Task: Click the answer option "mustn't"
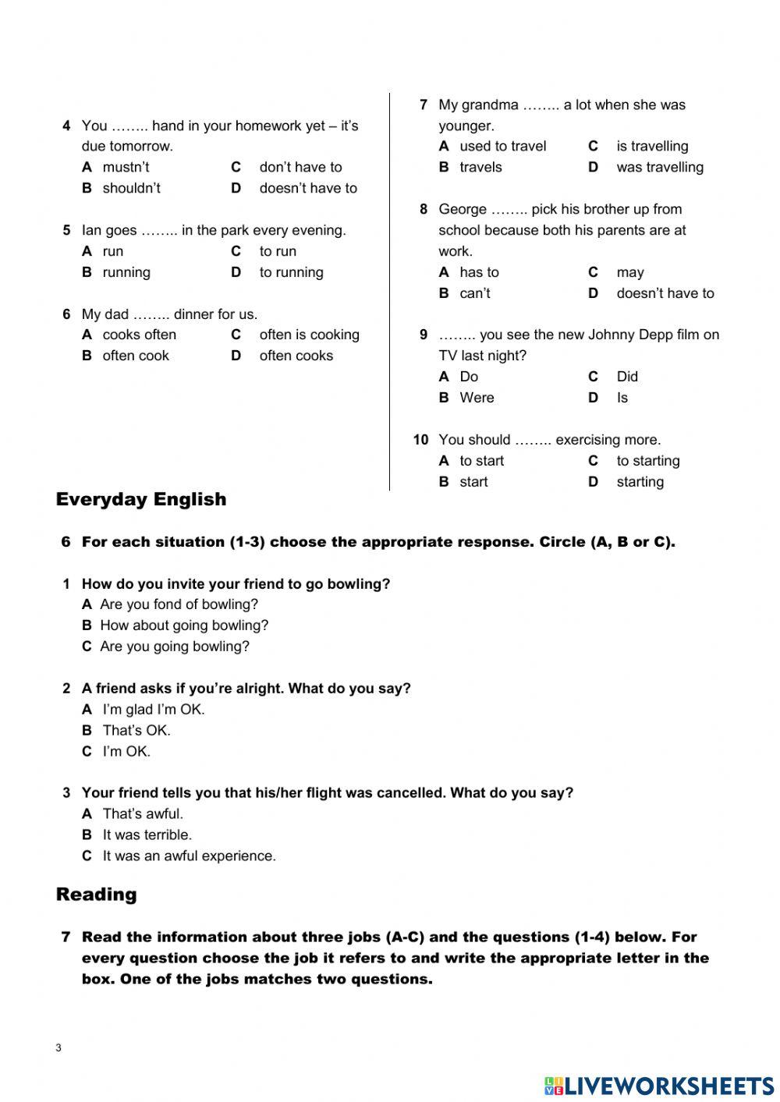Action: pyautogui.click(x=126, y=167)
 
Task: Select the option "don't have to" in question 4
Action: pyautogui.click(x=300, y=167)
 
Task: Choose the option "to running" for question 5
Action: pyautogui.click(x=291, y=272)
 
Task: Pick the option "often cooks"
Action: pyautogui.click(x=296, y=356)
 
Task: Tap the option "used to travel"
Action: pyautogui.click(x=502, y=146)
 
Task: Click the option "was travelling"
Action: pyautogui.click(x=659, y=167)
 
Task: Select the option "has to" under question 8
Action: pyautogui.click(x=479, y=272)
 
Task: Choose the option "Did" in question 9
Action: pyautogui.click(x=626, y=377)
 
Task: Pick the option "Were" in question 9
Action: pyautogui.click(x=477, y=398)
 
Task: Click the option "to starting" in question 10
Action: pyautogui.click(x=647, y=461)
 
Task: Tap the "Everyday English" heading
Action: pyautogui.click(x=141, y=499)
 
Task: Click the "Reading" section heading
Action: pyautogui.click(x=96, y=895)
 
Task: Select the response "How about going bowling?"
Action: pyautogui.click(x=184, y=625)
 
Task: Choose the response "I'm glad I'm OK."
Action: pyautogui.click(x=154, y=710)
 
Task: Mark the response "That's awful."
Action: pyautogui.click(x=143, y=814)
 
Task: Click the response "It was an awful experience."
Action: pyautogui.click(x=189, y=856)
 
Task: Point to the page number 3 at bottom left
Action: pyautogui.click(x=58, y=1048)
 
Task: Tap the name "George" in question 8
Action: pyautogui.click(x=463, y=209)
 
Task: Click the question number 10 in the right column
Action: pyautogui.click(x=420, y=440)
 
